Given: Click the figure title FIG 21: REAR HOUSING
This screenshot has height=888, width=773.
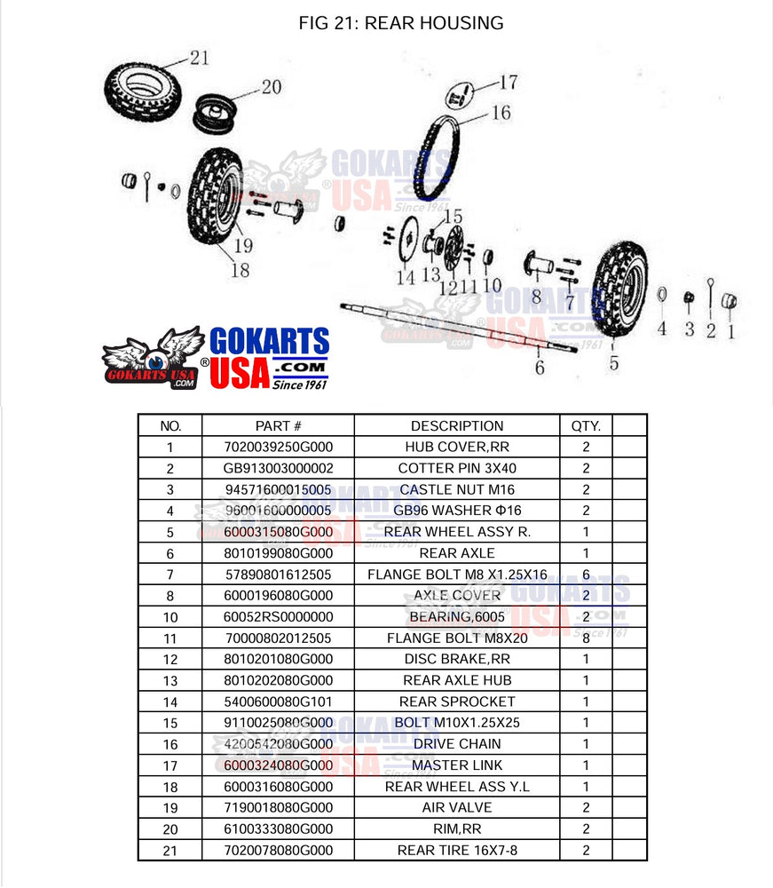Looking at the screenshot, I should point(401,23).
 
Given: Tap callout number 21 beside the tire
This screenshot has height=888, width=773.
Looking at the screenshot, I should point(199,59).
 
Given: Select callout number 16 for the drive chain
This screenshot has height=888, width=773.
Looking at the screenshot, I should point(501,113).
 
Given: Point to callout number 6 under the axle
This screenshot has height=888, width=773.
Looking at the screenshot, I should point(539,368).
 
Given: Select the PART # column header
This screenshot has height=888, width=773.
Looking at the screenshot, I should point(278,425).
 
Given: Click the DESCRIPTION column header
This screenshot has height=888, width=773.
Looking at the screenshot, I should point(456,425).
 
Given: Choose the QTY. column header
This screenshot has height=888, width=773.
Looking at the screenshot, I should point(585,425).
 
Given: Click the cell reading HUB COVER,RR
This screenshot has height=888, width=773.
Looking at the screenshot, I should point(456,447).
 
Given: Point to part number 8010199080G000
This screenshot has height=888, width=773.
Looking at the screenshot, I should point(278,553).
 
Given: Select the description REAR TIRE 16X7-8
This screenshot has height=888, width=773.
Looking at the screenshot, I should point(456,851).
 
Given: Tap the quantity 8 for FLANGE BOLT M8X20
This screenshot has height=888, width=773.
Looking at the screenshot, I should point(585,638).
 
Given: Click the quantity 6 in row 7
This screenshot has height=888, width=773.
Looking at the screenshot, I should point(585,575).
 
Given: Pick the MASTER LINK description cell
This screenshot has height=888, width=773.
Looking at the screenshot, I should point(456,765).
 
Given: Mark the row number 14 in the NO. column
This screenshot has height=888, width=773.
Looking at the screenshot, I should point(170,702).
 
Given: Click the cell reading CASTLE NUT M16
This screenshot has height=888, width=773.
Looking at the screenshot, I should point(456,489).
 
